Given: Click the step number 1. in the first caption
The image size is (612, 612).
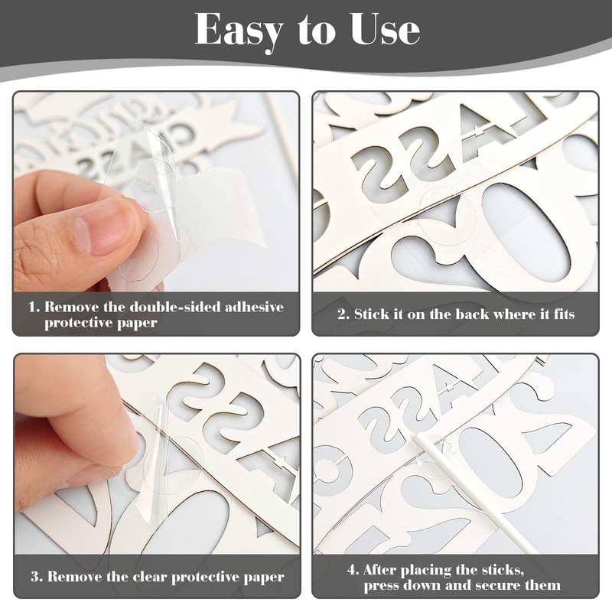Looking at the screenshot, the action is click(34, 307).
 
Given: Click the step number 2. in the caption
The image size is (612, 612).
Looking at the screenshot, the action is click(343, 314).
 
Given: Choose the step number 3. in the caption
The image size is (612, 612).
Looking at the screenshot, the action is click(37, 577).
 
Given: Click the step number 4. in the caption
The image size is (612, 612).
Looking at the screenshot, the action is click(353, 570).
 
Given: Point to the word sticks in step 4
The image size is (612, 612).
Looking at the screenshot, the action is click(501, 570).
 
